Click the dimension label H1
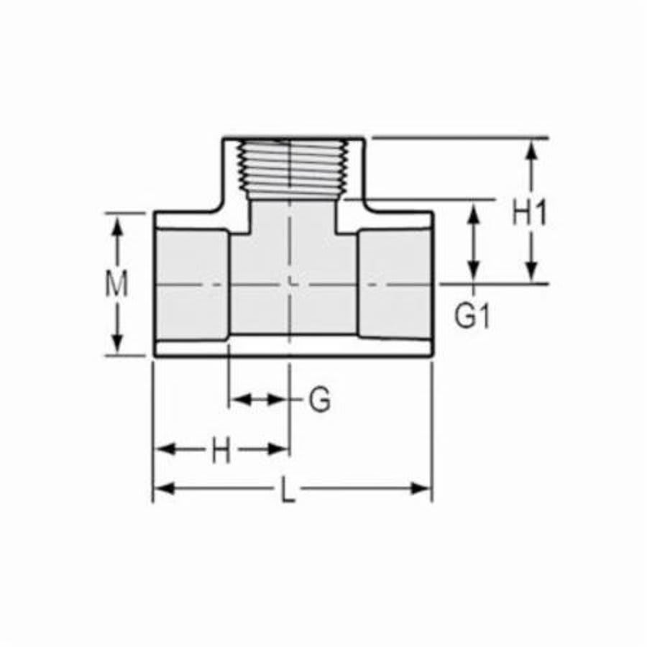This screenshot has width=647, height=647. coord(530,214)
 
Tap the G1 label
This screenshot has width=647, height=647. coord(472,316)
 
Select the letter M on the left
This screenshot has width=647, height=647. coord(116,285)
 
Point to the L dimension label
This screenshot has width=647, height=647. coord(288,492)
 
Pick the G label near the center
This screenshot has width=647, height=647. coord(320,400)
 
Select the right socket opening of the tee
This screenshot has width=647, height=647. coord(395,285)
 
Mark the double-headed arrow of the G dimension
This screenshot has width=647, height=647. coord(259,399)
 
